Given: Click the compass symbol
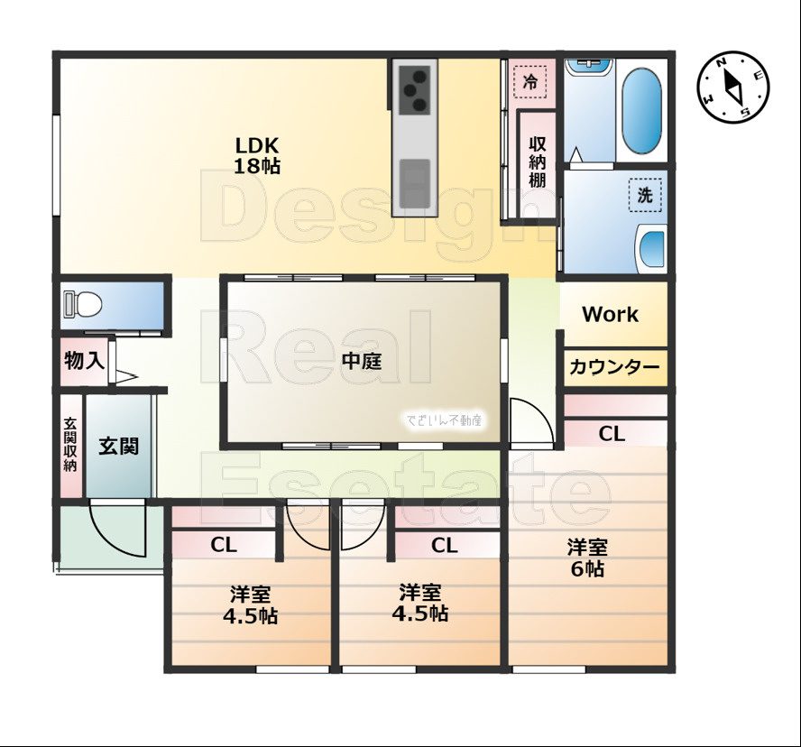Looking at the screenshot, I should tap(733, 88).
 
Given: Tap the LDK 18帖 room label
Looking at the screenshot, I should tap(258, 154).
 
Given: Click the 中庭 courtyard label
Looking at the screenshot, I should tap(362, 362).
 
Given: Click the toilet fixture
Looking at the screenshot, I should tap(83, 306).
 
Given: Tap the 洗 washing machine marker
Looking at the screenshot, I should tap(644, 195).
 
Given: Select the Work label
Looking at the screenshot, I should tap(610, 314).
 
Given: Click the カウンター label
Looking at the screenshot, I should tap(614, 368).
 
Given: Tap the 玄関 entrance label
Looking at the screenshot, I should tap(118, 446).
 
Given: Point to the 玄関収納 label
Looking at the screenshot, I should tap(70, 445).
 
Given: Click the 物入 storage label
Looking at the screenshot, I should tap(84, 362).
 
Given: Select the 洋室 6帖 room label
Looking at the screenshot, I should tap(586, 558).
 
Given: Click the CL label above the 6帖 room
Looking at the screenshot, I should tap(612, 434).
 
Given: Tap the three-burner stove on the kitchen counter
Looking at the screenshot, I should tap(415, 88).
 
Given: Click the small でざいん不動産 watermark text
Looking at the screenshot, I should tap(445, 420).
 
